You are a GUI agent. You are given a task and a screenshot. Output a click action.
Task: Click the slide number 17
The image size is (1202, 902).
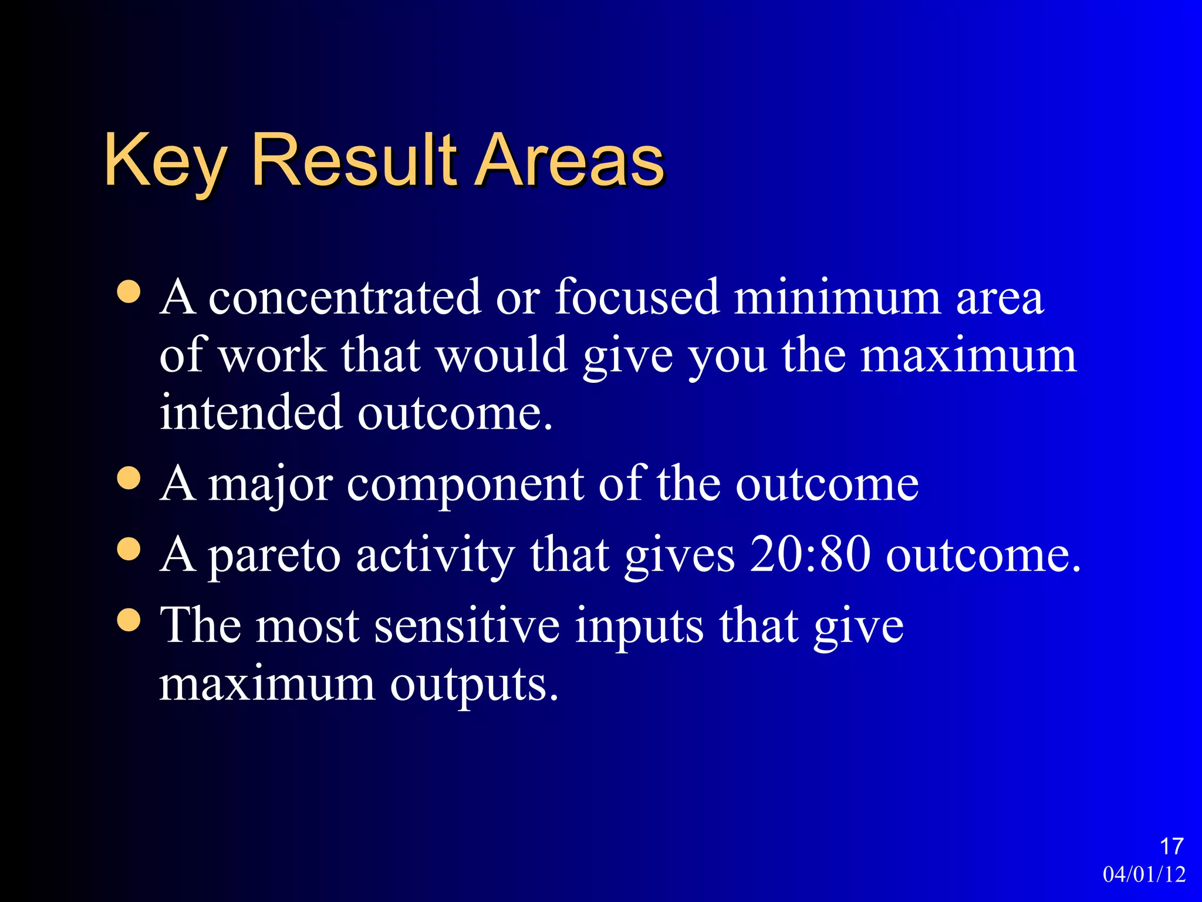1171,847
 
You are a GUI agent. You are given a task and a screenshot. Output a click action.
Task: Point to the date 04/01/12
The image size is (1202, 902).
1144,874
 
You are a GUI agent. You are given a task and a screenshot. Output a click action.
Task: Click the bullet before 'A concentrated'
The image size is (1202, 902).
129,292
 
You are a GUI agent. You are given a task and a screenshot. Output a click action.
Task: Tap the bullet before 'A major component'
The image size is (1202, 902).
129,478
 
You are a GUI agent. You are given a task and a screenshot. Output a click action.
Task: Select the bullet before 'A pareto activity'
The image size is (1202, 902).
129,549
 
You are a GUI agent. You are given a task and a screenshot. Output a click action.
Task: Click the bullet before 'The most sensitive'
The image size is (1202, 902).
129,620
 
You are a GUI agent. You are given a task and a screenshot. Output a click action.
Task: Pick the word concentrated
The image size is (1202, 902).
345,297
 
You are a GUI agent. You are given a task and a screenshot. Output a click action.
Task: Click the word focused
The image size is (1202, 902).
637,297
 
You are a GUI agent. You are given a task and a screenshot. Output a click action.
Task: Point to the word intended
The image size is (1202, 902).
251,412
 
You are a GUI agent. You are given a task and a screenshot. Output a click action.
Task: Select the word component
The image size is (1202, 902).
465,485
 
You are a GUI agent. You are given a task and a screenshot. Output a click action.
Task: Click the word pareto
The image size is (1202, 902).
274,556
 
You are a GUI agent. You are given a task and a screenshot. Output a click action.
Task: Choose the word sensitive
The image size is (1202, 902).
467,626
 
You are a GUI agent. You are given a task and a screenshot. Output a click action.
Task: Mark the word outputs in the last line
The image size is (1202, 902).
474,685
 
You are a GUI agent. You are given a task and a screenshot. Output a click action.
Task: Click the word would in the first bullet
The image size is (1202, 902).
502,355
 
